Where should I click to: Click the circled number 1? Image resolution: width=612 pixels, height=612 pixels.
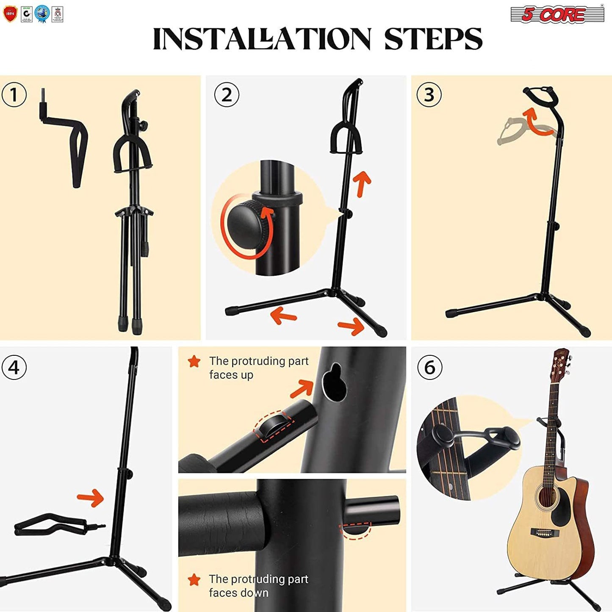pyautogui.click(x=14, y=95)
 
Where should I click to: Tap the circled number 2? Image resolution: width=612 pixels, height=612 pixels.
pyautogui.click(x=227, y=95)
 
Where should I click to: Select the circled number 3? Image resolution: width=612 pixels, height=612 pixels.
pyautogui.click(x=429, y=95)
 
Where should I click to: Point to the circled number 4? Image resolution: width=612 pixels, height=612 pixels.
pyautogui.click(x=14, y=367)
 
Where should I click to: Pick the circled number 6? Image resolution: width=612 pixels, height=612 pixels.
pyautogui.click(x=429, y=367)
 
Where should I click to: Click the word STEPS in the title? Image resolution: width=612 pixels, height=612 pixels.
pyautogui.click(x=433, y=39)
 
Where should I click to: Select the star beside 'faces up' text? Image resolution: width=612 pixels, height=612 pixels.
pyautogui.click(x=194, y=361)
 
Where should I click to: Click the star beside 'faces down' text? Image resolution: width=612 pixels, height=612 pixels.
pyautogui.click(x=194, y=579)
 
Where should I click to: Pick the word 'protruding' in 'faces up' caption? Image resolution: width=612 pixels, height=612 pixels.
pyautogui.click(x=259, y=361)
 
